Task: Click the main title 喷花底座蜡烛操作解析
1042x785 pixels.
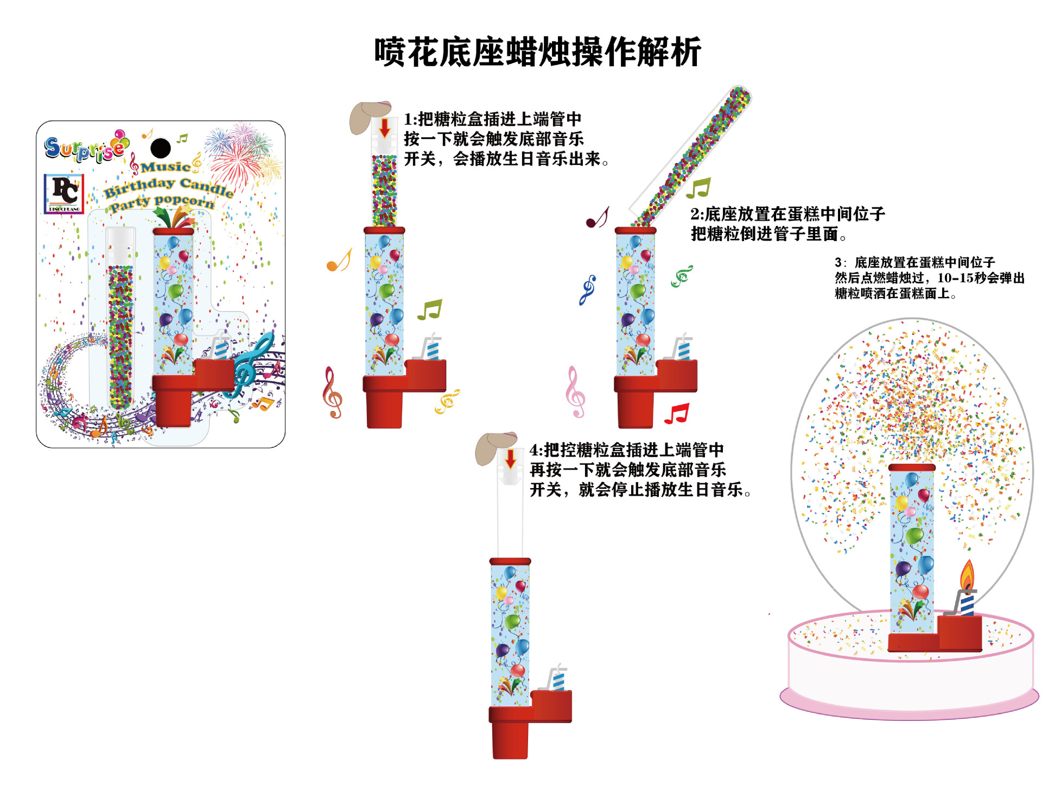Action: (x=537, y=53)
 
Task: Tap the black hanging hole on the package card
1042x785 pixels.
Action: (x=160, y=148)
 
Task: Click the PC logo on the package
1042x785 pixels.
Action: (x=64, y=193)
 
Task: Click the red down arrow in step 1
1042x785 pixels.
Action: (x=385, y=128)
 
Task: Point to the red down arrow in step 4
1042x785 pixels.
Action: (x=510, y=459)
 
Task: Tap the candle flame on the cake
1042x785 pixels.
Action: (x=968, y=575)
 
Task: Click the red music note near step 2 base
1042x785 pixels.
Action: (x=677, y=414)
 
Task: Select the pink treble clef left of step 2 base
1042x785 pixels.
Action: (x=575, y=391)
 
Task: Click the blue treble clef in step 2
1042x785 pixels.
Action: (x=587, y=289)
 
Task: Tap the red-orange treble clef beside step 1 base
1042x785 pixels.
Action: (x=332, y=392)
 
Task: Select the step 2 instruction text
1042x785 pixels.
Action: (x=787, y=224)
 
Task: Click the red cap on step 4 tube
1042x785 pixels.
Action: (x=510, y=561)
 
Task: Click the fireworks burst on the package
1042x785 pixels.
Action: (x=242, y=152)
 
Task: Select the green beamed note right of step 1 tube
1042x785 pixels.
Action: (x=430, y=309)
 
